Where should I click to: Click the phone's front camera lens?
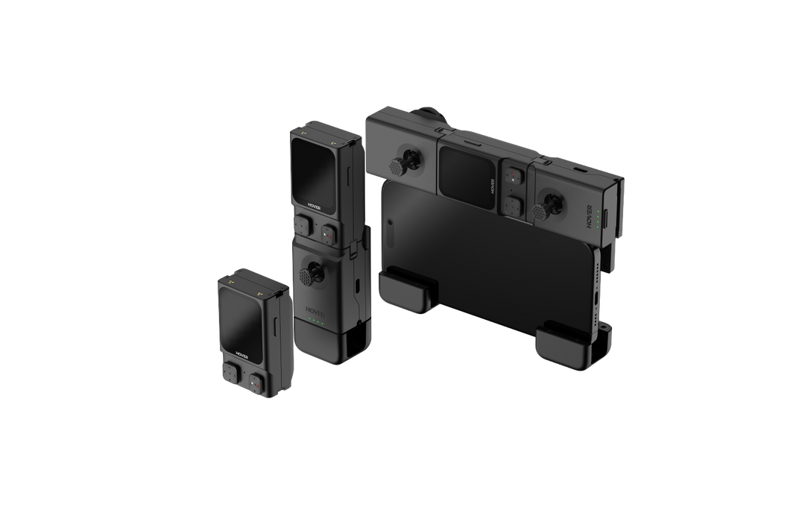click(390, 222)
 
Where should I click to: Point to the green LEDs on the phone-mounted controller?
click(599, 216)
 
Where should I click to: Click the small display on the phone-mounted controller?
click(467, 177)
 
